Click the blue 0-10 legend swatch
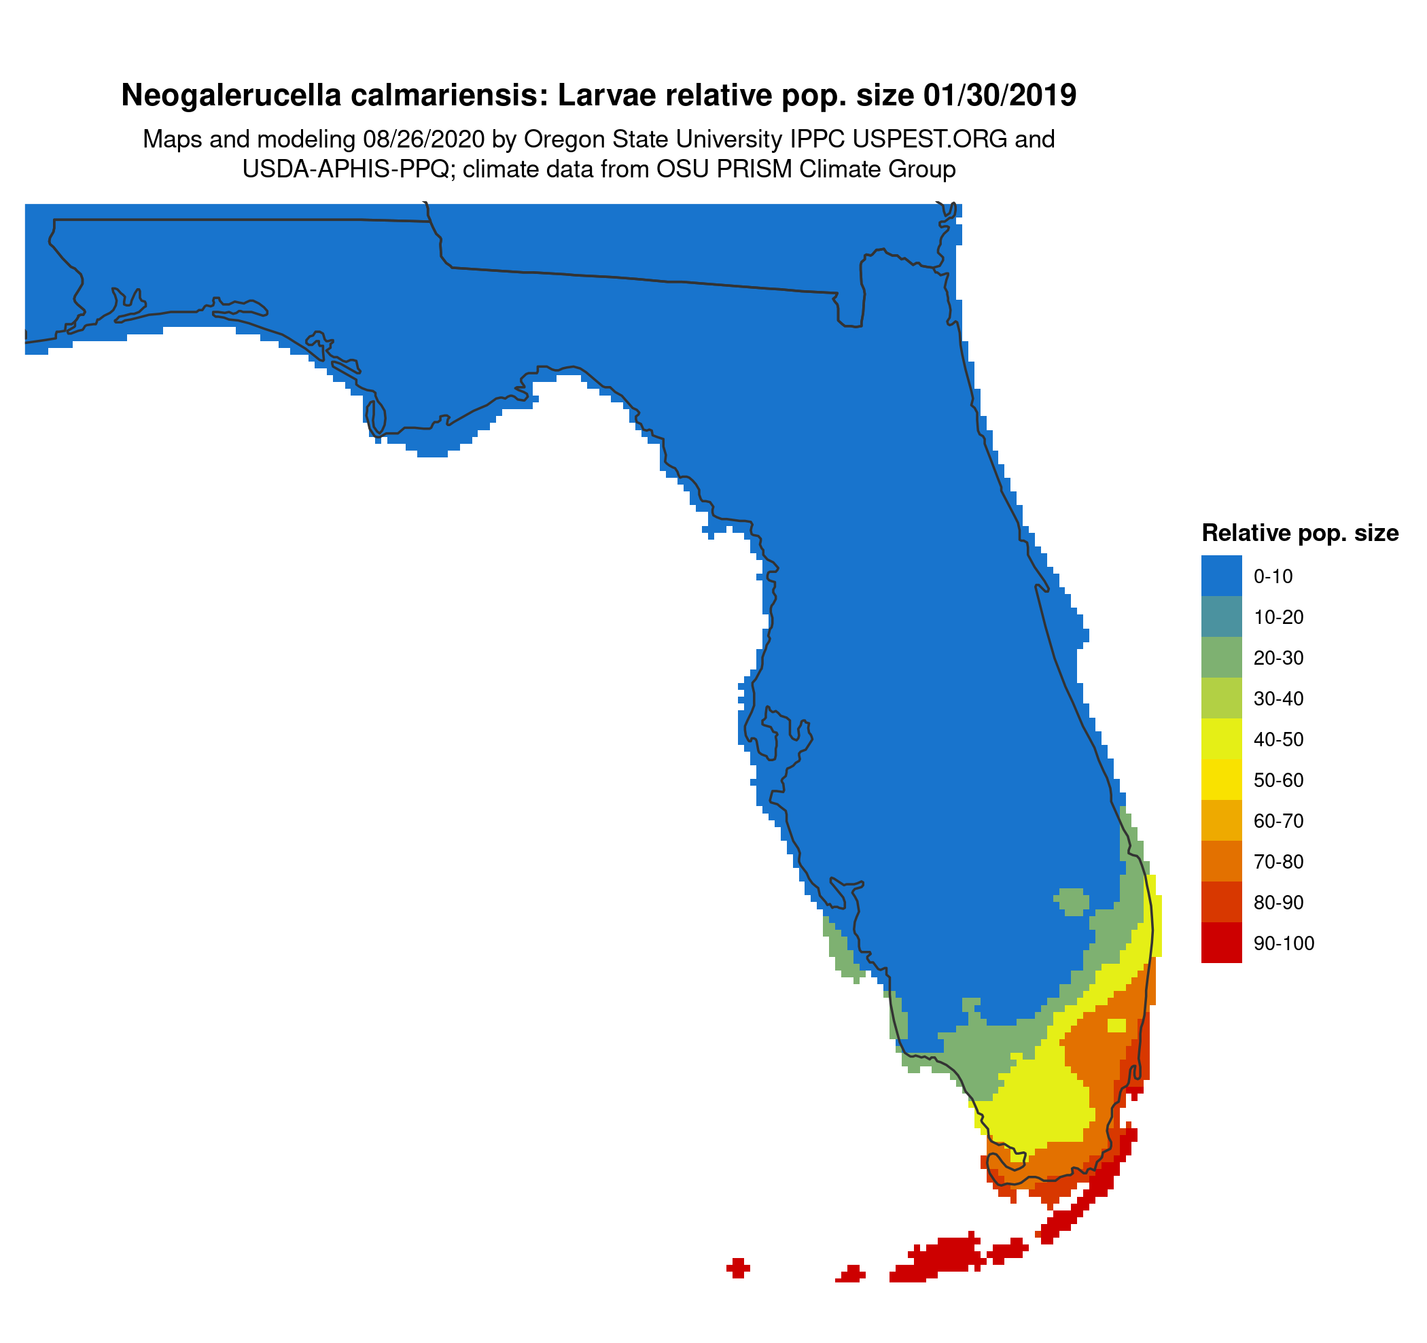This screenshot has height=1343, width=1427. click(x=1221, y=576)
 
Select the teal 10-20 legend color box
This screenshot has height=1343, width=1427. click(x=1221, y=616)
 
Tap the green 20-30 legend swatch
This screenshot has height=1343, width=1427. click(x=1221, y=657)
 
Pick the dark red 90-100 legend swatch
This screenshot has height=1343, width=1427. click(x=1221, y=943)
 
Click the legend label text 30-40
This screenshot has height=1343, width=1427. click(x=1278, y=699)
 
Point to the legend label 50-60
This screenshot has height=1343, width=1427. click(x=1278, y=780)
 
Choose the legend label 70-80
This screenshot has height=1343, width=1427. click(x=1278, y=861)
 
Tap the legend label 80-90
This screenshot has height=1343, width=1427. click(x=1278, y=903)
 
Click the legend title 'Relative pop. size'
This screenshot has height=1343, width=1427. click(x=1300, y=533)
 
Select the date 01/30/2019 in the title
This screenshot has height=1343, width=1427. click(x=1000, y=95)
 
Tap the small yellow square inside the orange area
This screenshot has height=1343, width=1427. click(x=1116, y=1025)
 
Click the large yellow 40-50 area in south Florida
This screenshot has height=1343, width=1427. click(x=1041, y=1105)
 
